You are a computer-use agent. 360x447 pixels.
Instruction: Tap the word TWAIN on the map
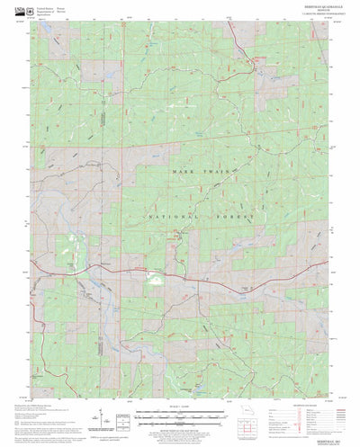[229, 170]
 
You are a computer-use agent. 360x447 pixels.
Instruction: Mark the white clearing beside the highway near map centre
[158, 282]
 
